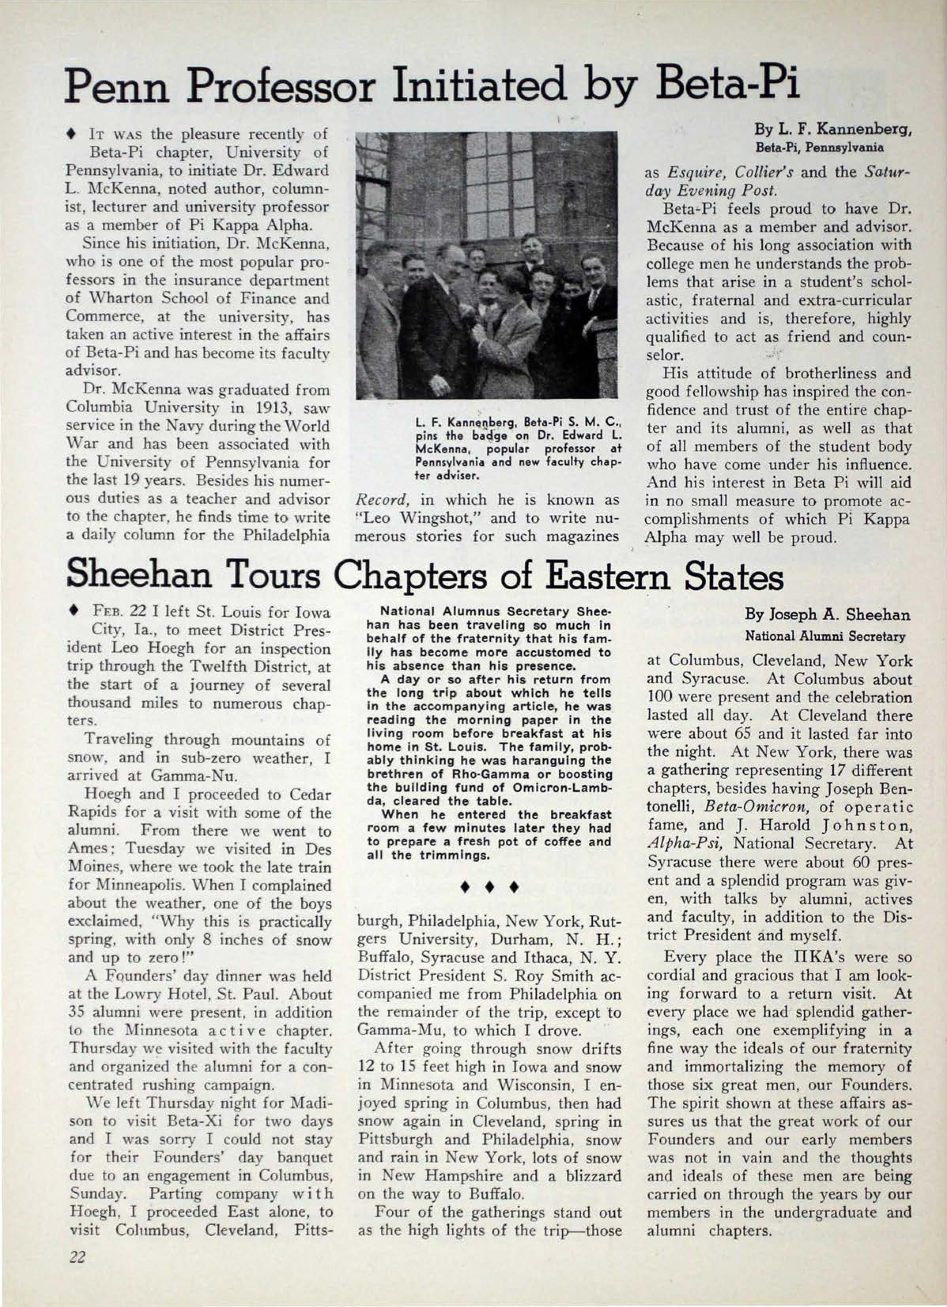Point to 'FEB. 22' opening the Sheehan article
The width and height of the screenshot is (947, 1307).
[114, 612]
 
